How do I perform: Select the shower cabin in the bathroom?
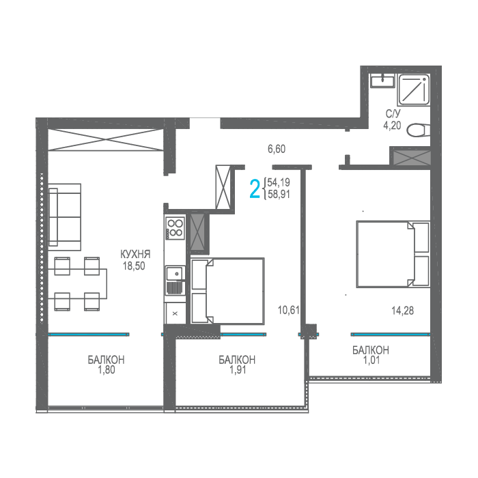[x=414, y=90]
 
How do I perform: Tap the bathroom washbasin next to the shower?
[x=382, y=81]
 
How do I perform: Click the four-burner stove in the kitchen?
[x=175, y=228]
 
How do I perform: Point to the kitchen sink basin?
[x=174, y=272]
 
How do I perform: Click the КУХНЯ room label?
[x=135, y=254]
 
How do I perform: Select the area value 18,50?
[x=134, y=266]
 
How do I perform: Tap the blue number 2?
[x=255, y=189]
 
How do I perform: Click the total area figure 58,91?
[x=279, y=194]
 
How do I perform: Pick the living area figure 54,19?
[x=279, y=182]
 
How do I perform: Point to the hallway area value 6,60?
[x=277, y=149]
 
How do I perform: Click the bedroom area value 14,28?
[x=403, y=311]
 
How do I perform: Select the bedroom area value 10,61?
[x=289, y=310]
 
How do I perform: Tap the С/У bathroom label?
[x=393, y=114]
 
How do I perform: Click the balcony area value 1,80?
[x=107, y=370]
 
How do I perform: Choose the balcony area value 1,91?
[x=238, y=370]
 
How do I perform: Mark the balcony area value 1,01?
[x=371, y=360]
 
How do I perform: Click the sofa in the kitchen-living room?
[x=65, y=217]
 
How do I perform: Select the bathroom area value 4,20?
[x=393, y=125]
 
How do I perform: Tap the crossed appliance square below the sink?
[x=175, y=313]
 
